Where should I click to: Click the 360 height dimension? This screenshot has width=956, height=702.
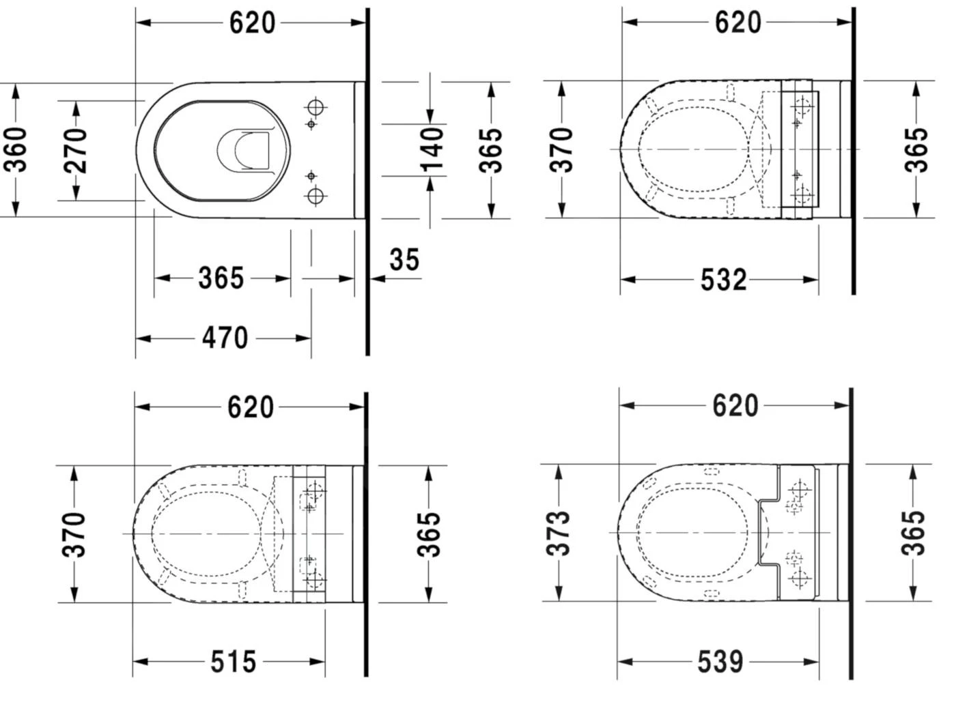[x=16, y=150]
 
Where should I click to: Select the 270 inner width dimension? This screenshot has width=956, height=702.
[x=76, y=150]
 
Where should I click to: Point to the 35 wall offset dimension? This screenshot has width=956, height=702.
[x=404, y=260]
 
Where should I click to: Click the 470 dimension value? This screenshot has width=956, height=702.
[x=225, y=338]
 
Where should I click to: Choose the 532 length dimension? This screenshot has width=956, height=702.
[x=724, y=280]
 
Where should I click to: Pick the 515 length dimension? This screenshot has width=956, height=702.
[x=233, y=662]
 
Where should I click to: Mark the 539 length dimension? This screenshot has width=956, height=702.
[x=720, y=662]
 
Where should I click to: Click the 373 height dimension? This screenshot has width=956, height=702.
[x=559, y=533]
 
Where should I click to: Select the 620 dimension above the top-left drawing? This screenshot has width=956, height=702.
[x=252, y=23]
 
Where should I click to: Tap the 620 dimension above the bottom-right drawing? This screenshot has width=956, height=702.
[x=735, y=406]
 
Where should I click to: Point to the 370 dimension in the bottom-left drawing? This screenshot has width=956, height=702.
[x=74, y=534]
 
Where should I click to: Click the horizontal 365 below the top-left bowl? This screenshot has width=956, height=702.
[x=221, y=278]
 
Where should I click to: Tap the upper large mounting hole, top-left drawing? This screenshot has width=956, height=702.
[x=315, y=108]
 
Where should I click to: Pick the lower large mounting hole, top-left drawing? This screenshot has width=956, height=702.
[x=315, y=196]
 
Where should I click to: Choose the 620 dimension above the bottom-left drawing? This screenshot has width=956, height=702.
[x=251, y=407]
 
